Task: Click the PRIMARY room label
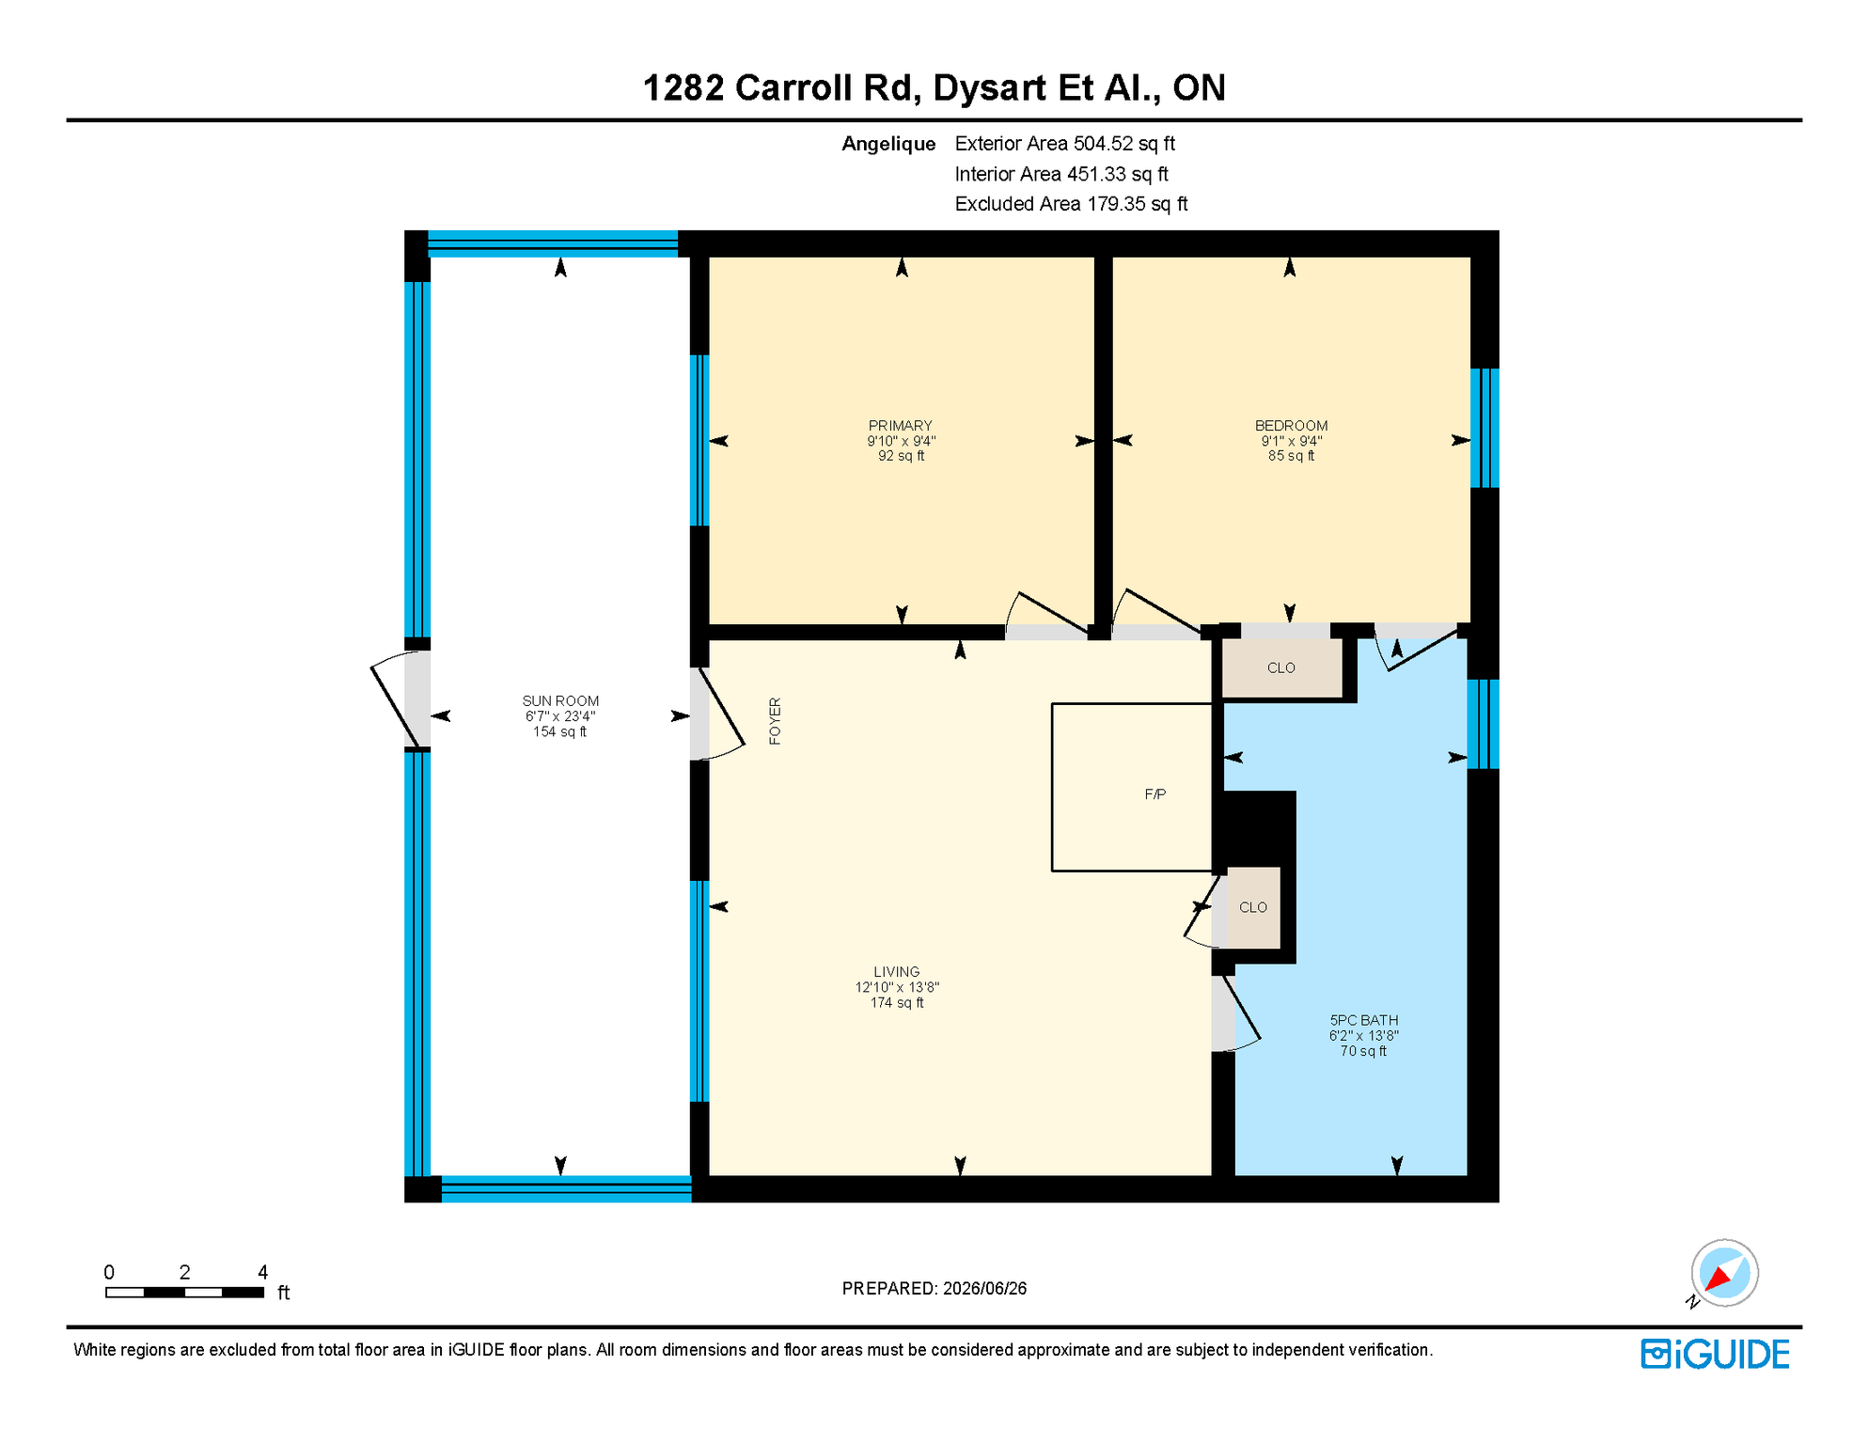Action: pos(901,426)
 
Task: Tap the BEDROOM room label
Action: pos(1291,426)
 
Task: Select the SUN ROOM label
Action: pos(560,701)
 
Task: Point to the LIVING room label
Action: pos(896,972)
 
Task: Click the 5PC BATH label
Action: pos(1363,1020)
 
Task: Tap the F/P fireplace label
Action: pos(1155,794)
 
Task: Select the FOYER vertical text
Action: pos(775,721)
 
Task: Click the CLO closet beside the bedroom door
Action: pos(1281,667)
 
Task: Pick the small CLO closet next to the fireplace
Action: pos(1253,907)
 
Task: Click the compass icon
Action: pos(1724,1273)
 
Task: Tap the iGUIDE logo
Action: pos(1716,1354)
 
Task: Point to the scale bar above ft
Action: pos(184,1293)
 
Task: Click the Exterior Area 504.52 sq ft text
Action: pos(1064,144)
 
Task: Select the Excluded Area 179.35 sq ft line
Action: pos(1071,204)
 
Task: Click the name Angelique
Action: pos(888,144)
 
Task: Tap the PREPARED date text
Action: pos(934,1288)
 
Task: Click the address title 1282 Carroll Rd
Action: pos(777,87)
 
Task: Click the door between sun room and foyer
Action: pos(716,713)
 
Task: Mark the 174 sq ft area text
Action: pos(896,1003)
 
